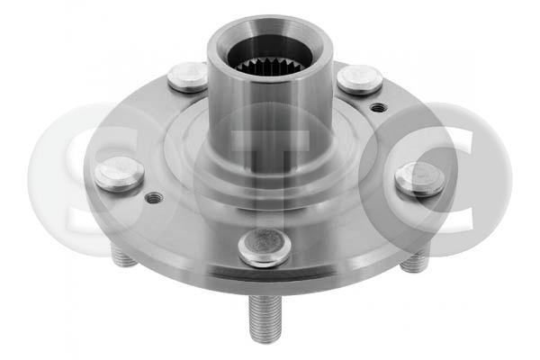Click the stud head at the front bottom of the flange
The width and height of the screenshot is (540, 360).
click(265, 247)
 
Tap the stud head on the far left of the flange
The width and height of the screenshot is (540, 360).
click(119, 174)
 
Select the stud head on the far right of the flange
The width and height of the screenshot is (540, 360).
click(419, 179)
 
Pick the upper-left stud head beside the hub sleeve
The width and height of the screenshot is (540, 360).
click(188, 77)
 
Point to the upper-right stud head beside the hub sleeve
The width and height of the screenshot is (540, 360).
click(359, 79)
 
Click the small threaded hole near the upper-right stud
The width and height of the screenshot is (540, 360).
click(378, 107)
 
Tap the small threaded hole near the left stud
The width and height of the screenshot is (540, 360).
click(154, 198)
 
